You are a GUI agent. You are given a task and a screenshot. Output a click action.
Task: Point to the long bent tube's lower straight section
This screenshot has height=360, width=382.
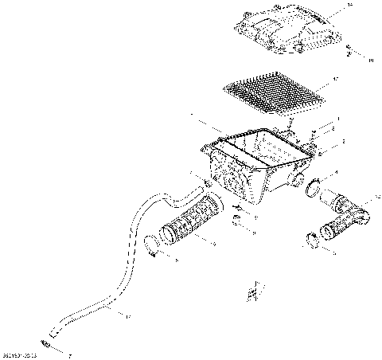[x=88, y=313]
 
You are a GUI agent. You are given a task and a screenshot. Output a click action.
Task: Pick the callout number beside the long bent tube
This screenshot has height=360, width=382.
[x=127, y=316]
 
